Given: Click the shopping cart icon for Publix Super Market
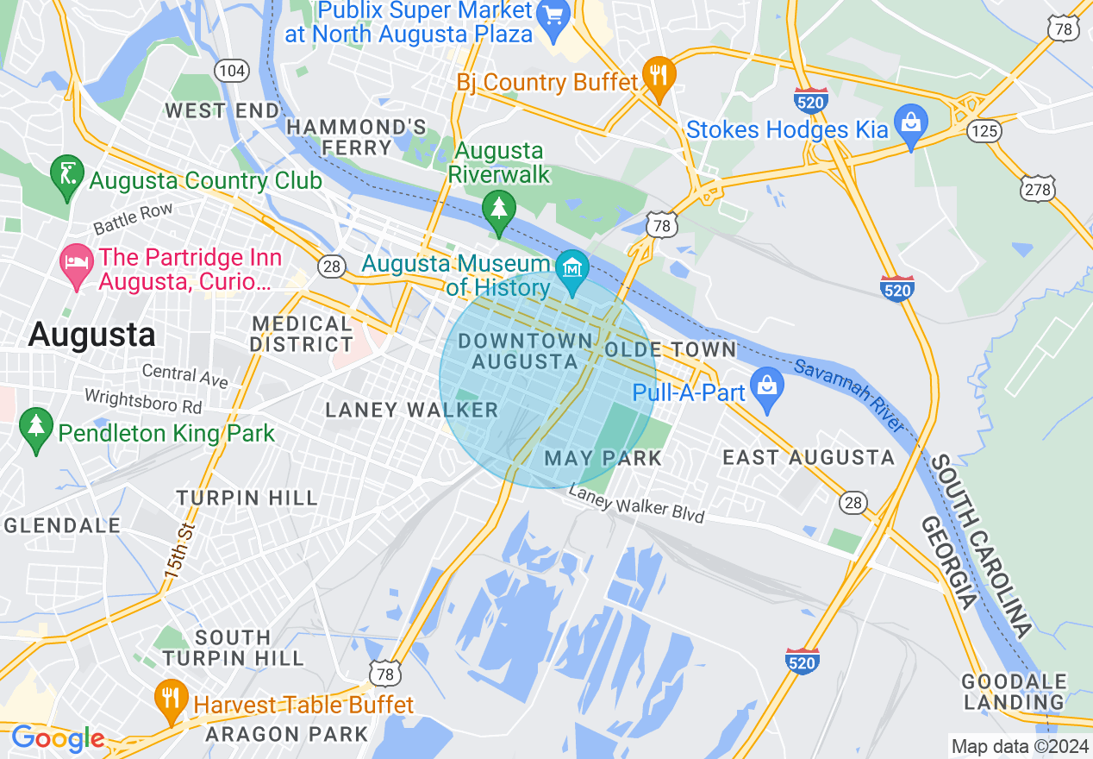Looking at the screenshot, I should pos(551,13).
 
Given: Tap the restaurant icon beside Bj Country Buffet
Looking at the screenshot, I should pos(659,75).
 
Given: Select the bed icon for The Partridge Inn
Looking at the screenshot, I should pos(76,261).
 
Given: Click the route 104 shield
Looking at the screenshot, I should pos(230,70).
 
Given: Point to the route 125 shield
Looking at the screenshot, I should pos(983,130).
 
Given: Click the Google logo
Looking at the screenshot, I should pos(58,738).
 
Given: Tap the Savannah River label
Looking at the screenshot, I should pos(849,397).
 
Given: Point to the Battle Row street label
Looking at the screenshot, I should pos(133,218).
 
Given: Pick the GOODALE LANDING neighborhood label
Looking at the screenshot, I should pos(1015,692).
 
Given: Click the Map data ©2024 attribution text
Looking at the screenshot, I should pos(1018,746).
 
